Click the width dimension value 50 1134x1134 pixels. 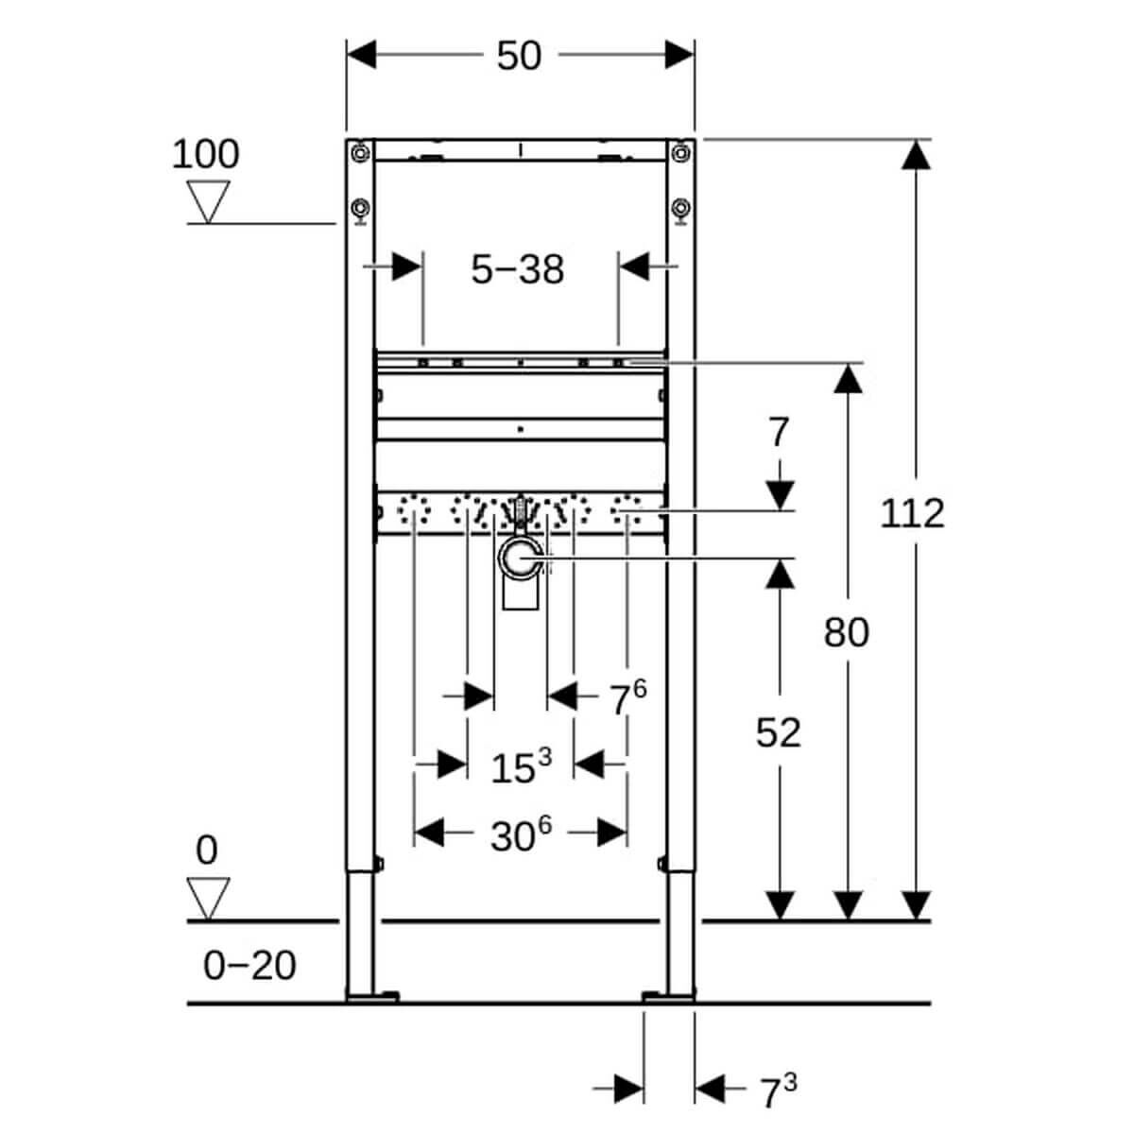pyautogui.click(x=519, y=56)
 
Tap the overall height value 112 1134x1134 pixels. pyautogui.click(x=912, y=514)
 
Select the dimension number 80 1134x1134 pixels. pyautogui.click(x=846, y=632)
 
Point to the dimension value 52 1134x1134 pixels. pyautogui.click(x=778, y=732)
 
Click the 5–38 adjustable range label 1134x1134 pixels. pyautogui.click(x=517, y=269)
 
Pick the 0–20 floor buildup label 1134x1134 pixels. pyautogui.click(x=249, y=966)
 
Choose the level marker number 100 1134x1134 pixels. pyautogui.click(x=205, y=154)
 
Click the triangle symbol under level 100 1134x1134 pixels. pyautogui.click(x=208, y=201)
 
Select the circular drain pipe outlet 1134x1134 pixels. pyautogui.click(x=519, y=560)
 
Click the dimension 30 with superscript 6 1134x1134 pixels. pyautogui.click(x=520, y=835)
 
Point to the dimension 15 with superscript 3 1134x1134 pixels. pyautogui.click(x=520, y=766)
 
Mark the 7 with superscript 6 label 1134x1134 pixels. pyautogui.click(x=627, y=699)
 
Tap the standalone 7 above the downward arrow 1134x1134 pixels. pyautogui.click(x=778, y=433)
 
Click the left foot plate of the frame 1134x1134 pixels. pyautogui.click(x=371, y=996)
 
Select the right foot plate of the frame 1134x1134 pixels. pyautogui.click(x=667, y=996)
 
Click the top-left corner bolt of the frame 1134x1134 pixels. pyautogui.click(x=359, y=151)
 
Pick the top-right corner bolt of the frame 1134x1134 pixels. pyautogui.click(x=680, y=151)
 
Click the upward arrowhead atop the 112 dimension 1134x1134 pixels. pyautogui.click(x=913, y=154)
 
